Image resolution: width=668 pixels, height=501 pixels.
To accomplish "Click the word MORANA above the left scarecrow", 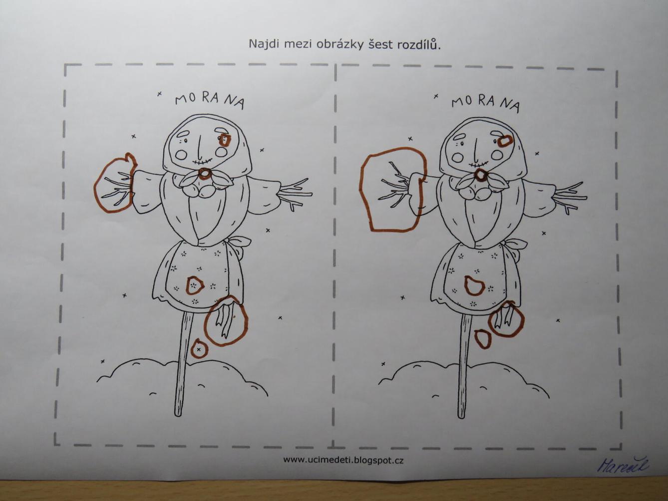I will (210, 99).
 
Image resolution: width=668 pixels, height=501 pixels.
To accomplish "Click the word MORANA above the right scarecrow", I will (485, 103).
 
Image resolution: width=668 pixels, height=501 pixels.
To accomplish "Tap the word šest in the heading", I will (380, 44).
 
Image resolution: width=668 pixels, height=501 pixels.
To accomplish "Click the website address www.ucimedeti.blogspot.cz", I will (343, 460).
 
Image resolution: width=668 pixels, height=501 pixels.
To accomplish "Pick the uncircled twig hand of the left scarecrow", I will (295, 194).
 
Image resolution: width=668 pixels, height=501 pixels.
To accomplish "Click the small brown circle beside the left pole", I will (199, 349).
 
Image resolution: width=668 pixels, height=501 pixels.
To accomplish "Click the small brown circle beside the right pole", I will (482, 338).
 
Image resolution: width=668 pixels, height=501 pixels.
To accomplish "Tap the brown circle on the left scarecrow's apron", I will (194, 285).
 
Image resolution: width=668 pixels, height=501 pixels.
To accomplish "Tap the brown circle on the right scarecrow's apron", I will (474, 286).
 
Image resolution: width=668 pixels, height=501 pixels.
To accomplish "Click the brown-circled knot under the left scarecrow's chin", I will (204, 174).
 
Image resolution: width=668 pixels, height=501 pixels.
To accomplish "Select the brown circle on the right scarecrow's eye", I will (505, 141).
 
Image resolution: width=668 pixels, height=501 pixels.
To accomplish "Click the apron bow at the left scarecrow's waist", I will (239, 244).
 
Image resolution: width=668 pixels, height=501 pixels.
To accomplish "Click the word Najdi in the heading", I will (264, 44).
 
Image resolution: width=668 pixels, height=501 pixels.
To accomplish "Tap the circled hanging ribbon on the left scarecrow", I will (227, 319).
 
